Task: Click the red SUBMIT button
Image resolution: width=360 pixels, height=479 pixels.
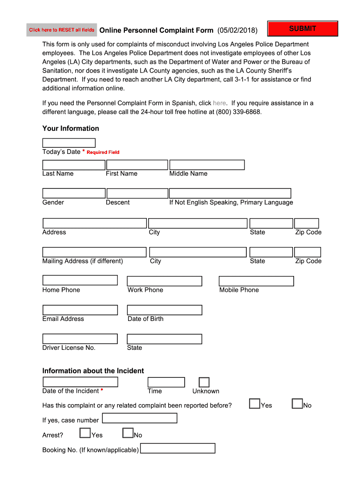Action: (302, 29)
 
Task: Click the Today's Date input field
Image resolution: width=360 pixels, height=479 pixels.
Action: (69, 143)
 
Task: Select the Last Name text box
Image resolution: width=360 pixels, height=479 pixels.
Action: (74, 165)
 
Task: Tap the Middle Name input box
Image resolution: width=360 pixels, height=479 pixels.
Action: (207, 165)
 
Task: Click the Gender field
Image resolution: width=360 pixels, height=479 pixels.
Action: (74, 193)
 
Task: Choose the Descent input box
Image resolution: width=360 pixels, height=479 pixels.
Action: (137, 193)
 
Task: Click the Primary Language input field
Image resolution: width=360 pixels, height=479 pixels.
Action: (230, 193)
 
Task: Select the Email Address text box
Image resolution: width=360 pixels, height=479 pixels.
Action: (80, 310)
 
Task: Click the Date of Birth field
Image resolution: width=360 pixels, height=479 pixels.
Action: (165, 310)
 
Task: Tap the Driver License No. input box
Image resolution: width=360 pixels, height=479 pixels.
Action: (80, 339)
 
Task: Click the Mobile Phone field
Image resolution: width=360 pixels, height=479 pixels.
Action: (256, 281)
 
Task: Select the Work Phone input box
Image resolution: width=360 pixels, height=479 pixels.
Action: (165, 281)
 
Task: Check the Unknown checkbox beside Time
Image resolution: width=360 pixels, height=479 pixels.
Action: (204, 383)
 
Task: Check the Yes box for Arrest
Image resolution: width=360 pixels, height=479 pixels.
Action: (85, 433)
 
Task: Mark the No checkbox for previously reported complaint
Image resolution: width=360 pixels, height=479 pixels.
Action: (297, 404)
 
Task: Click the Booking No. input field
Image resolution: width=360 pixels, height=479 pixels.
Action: (178, 449)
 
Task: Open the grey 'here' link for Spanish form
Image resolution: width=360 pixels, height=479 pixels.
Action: (219, 103)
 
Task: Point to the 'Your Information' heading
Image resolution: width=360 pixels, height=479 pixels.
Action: (71, 129)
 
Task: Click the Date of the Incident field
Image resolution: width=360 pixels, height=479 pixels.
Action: (80, 382)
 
